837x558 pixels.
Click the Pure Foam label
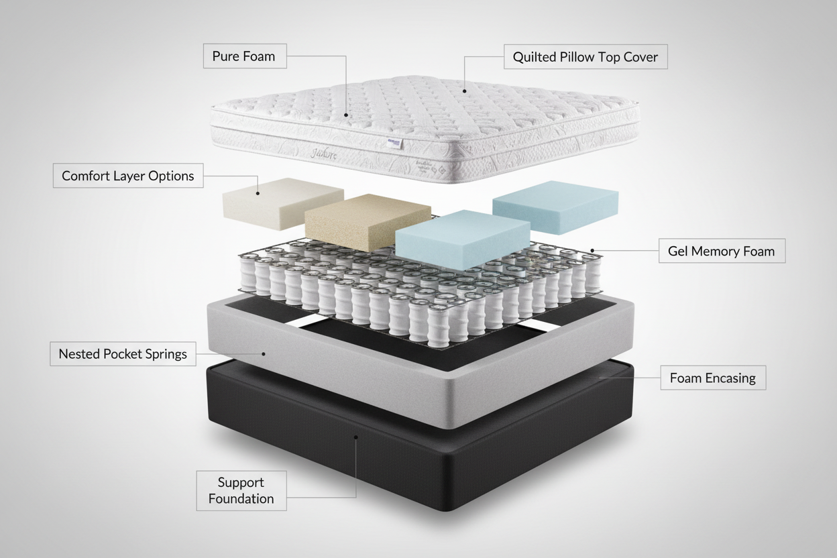(244, 56)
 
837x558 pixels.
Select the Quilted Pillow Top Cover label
(585, 57)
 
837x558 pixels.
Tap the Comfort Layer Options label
(127, 176)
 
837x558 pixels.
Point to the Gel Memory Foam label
(721, 252)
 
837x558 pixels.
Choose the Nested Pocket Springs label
(123, 353)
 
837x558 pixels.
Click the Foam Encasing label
(712, 378)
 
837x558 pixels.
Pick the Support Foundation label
(241, 490)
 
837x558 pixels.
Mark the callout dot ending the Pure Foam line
(346, 115)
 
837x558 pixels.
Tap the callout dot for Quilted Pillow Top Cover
(464, 90)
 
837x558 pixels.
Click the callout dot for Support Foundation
(356, 437)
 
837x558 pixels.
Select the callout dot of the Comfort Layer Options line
(258, 194)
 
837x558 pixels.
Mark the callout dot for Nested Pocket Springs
(264, 353)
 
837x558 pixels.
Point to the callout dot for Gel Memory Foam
(593, 252)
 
